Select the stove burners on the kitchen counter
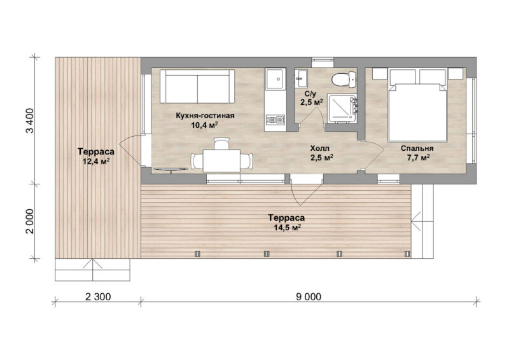275,120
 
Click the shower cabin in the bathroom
342,108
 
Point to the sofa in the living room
197,86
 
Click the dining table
221,161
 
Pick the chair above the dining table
221,144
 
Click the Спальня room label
417,148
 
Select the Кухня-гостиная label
205,116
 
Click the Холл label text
320,148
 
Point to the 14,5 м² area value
288,227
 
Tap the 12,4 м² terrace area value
96,161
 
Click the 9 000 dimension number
309,296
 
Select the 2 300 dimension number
98,296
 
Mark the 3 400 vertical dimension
29,121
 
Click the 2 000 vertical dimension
29,221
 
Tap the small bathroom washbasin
302,78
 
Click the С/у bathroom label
310,93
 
